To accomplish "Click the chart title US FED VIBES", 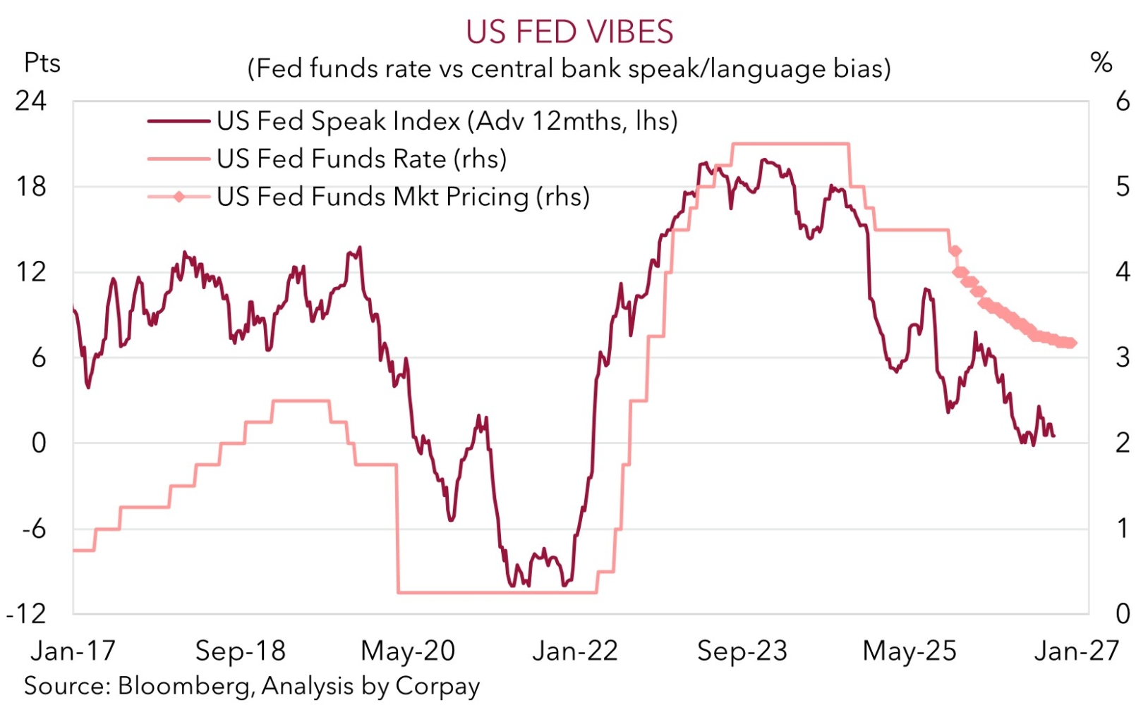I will tap(569, 32).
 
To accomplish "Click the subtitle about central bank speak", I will tap(569, 68).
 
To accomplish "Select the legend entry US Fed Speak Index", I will tap(447, 121).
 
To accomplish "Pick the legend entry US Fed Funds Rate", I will tap(361, 159).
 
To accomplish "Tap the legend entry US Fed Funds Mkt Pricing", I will tap(402, 197).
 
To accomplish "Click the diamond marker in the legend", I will tap(179, 197).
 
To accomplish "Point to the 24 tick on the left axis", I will tap(31, 101).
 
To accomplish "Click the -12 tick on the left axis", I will tap(27, 614).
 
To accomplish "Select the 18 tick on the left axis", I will tap(31, 187).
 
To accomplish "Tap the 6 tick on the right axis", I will tap(1122, 101).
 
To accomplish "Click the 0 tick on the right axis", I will tap(1122, 614).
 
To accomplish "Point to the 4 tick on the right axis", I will tap(1122, 272).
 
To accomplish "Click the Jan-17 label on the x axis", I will tap(73, 651).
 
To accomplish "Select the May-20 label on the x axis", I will tap(408, 651).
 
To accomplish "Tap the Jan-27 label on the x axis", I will tap(1076, 651).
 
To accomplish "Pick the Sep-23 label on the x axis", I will tap(742, 651).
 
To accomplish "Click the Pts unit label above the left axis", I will tap(42, 63).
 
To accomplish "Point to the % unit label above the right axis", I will tap(1101, 63).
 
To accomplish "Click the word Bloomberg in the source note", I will tap(186, 685).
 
